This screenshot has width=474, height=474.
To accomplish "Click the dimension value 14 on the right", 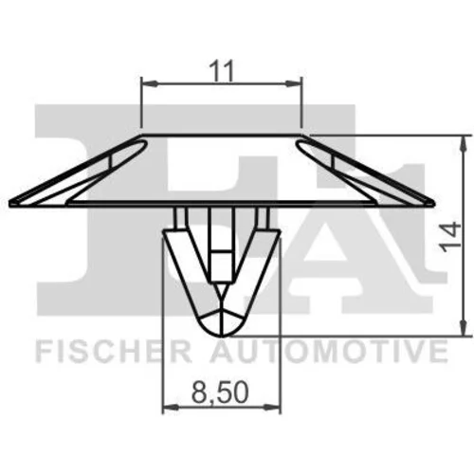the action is [450, 237].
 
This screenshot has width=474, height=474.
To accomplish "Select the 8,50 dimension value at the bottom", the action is [220, 392].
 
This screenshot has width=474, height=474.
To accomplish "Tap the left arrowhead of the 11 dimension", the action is [149, 83].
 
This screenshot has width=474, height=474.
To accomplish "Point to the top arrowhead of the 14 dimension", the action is [464, 143].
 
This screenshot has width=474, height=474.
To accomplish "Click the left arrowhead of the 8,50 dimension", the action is [171, 408].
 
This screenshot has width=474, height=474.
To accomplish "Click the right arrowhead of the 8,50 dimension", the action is [272, 408].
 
